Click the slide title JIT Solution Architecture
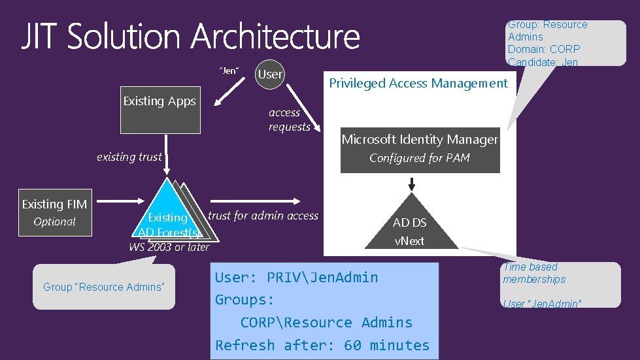190,38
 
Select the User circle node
270,74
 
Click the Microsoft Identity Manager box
420,149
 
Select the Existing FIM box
54,213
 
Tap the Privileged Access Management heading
418,83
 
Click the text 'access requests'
289,120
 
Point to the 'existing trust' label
129,157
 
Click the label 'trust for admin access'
263,216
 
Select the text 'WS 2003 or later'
169,247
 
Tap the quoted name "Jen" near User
229,71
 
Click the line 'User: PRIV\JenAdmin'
296,277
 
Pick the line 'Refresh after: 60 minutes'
322,345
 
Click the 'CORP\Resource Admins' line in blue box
326,322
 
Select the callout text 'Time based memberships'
533,273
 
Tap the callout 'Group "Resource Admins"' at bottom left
103,287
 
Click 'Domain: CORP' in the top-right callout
543,49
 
